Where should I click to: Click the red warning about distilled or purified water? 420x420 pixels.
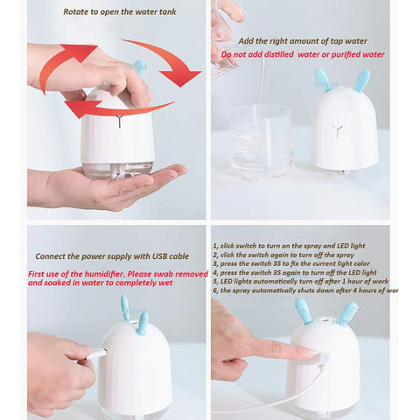click(302, 54)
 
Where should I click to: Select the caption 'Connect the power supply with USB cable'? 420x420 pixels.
click(111, 256)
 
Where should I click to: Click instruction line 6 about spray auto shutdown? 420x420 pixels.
click(306, 290)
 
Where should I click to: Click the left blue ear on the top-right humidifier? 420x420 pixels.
click(322, 80)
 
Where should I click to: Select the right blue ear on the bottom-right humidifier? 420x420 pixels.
click(349, 312)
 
